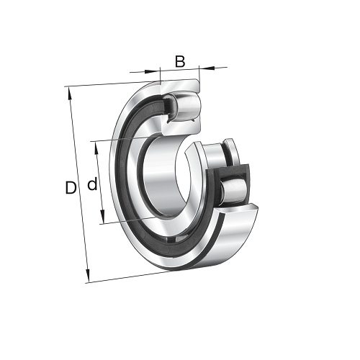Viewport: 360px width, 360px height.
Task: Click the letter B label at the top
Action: coord(180,61)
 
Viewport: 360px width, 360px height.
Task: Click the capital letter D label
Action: coord(71,188)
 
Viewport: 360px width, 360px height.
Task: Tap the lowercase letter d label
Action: coord(92,184)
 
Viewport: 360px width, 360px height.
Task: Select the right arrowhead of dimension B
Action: coord(207,68)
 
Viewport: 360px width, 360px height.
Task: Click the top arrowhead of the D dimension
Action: coord(70,94)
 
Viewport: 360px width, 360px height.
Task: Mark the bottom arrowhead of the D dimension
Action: coord(87,275)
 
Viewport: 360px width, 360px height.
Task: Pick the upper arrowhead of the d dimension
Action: coord(96,148)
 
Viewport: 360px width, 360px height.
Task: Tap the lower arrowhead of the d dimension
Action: coord(102,217)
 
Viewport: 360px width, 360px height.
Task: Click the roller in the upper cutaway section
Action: coord(186,106)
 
